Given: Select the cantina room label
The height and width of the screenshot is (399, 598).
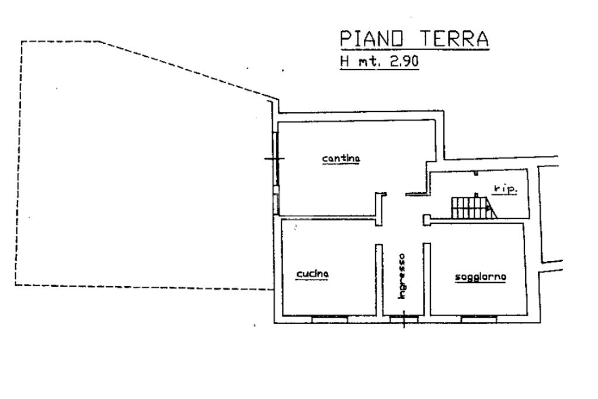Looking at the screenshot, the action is (341, 158).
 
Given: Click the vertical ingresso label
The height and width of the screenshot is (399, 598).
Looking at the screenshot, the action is (402, 276).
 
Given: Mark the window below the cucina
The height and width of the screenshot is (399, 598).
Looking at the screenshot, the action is (330, 319).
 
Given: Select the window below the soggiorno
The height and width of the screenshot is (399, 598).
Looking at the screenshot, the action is (478, 319).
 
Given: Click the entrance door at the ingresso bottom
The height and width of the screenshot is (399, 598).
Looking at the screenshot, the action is (404, 319).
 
